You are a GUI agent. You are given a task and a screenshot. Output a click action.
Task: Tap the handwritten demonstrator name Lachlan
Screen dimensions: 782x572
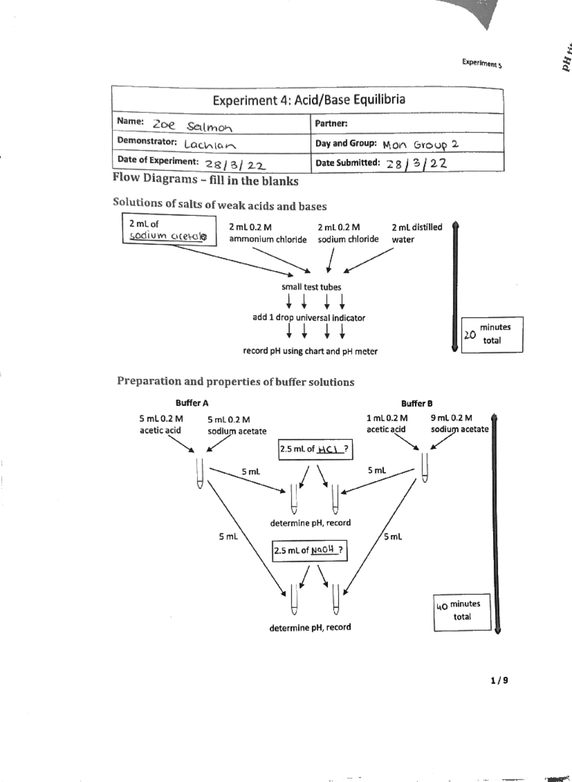[x=210, y=144]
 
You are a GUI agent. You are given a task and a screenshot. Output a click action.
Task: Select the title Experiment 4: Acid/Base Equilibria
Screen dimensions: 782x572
[x=308, y=100]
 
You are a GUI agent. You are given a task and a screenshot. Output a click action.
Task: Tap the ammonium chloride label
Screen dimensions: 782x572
[x=267, y=239]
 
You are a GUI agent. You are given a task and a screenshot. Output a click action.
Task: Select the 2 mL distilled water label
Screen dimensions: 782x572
[x=416, y=233]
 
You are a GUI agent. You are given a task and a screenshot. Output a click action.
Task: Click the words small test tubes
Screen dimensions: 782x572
[x=311, y=287]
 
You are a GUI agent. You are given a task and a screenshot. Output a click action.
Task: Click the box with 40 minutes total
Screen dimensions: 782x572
[x=461, y=611]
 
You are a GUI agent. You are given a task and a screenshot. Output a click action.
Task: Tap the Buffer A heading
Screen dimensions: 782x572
[x=192, y=403]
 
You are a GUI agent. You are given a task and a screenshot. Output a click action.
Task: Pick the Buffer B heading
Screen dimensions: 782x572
[x=417, y=403]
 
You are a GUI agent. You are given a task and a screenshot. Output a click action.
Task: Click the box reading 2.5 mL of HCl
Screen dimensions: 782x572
[x=315, y=449]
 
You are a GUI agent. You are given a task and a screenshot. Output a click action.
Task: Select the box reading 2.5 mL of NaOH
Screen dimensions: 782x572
[x=309, y=550]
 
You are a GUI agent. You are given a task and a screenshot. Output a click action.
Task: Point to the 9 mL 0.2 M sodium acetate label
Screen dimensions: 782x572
[x=459, y=424]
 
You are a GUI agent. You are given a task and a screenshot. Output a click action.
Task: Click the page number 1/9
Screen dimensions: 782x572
[x=499, y=680]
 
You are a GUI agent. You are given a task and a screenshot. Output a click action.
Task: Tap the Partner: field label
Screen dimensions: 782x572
[x=331, y=123]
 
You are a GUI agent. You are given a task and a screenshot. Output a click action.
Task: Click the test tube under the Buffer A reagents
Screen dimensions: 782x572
[x=200, y=473]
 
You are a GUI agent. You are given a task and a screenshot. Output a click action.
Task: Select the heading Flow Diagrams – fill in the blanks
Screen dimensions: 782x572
[x=205, y=179]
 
